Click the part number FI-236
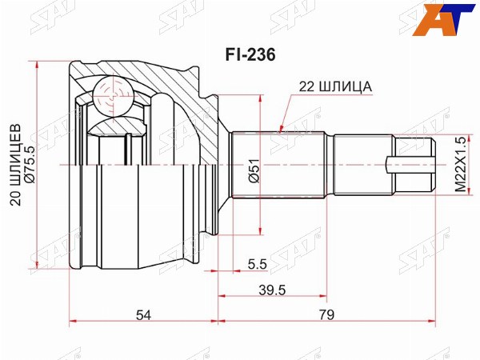[250, 55]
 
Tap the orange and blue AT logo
[442, 19]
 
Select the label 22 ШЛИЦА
[335, 87]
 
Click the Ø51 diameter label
[254, 170]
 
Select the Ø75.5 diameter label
[31, 165]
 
